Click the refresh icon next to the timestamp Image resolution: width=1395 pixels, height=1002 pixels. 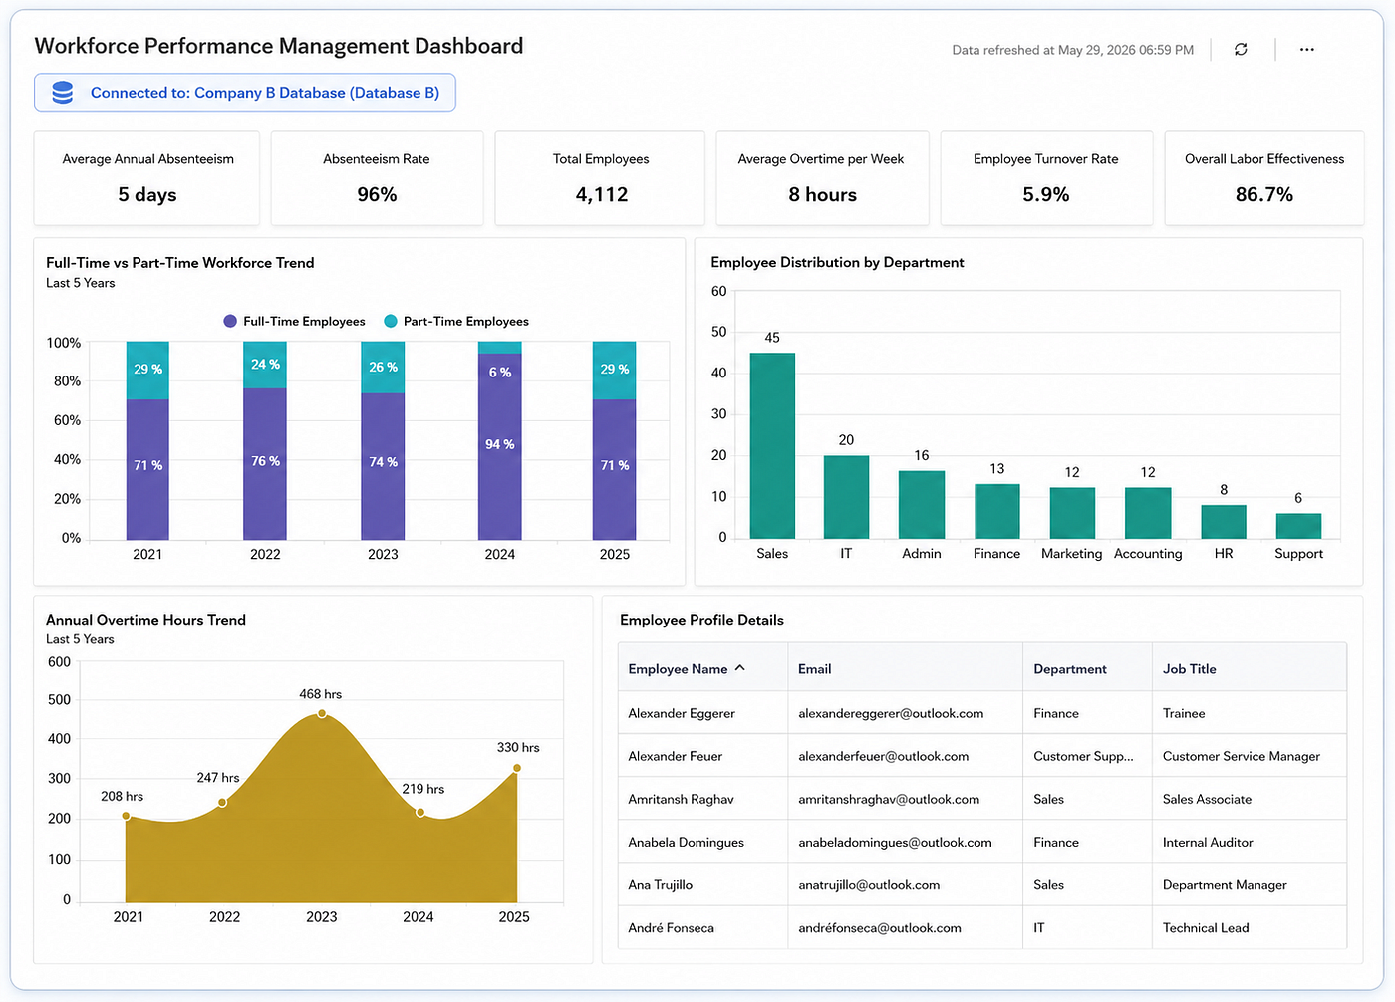[x=1241, y=49]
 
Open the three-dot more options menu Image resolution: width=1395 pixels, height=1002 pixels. [x=1307, y=49]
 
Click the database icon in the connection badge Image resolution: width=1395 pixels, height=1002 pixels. [x=62, y=92]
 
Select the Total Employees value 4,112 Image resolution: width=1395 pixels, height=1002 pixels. [x=602, y=195]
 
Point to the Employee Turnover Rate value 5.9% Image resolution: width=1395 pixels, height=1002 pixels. [x=1045, y=195]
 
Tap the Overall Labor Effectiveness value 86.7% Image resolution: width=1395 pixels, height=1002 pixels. [x=1264, y=195]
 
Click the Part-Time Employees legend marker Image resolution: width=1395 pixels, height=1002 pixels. [x=391, y=321]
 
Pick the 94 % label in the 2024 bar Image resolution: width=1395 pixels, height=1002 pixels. [x=500, y=444]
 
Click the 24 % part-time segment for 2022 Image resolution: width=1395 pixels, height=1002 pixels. [x=265, y=365]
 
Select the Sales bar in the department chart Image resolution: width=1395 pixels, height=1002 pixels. [x=772, y=445]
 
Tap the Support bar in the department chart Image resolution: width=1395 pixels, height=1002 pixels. [x=1298, y=526]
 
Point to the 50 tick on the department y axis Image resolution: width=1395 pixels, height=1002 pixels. [x=718, y=332]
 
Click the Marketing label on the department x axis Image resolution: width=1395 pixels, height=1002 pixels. [x=1071, y=553]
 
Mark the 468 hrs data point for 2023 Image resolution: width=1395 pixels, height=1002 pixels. [x=321, y=714]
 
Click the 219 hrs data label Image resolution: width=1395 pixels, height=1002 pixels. [x=422, y=789]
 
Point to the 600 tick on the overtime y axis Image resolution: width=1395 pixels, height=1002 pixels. [x=59, y=662]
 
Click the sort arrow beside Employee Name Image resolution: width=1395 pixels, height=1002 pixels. [x=739, y=668]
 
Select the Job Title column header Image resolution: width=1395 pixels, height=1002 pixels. [x=1189, y=669]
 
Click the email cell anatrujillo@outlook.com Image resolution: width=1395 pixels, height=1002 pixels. [x=869, y=885]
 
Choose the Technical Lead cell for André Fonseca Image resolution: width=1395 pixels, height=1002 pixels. [x=1206, y=928]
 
